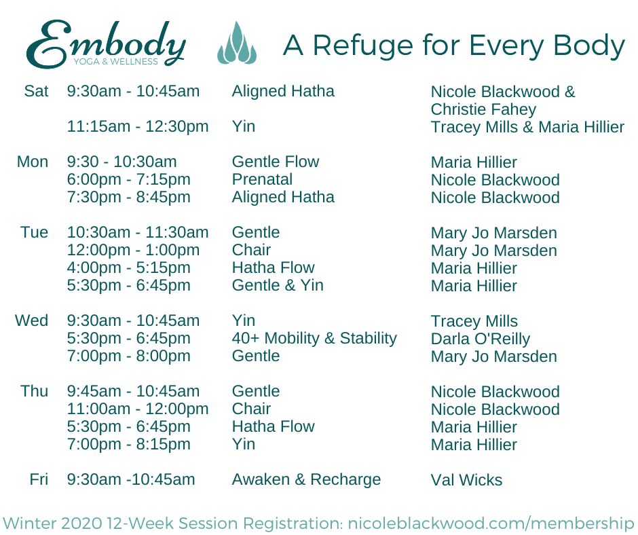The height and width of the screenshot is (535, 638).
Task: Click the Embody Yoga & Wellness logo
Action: click(106, 44)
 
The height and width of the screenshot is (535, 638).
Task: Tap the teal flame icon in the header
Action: click(237, 43)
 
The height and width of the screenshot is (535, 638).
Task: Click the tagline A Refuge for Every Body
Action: click(453, 45)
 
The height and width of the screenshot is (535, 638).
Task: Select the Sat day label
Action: click(36, 91)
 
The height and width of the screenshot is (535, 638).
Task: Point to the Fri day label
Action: click(39, 479)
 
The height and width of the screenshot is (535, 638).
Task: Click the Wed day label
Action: click(31, 320)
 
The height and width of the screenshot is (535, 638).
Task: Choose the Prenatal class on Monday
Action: click(262, 179)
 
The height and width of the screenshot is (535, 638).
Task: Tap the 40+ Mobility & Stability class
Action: click(314, 338)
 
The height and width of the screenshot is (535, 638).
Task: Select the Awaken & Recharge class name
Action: click(306, 479)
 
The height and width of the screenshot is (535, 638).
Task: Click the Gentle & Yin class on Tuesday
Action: click(278, 285)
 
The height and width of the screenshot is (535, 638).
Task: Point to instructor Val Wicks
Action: click(466, 480)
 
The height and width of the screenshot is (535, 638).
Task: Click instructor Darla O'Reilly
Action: click(480, 339)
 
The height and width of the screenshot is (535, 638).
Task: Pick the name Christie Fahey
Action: click(483, 109)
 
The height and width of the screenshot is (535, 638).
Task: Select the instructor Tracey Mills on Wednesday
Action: click(474, 321)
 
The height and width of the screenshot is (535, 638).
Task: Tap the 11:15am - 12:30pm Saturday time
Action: click(138, 127)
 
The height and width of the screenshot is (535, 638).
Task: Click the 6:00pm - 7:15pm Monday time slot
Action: click(128, 179)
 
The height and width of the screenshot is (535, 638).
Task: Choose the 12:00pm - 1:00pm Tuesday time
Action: click(133, 251)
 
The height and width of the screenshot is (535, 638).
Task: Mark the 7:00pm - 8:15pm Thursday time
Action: click(128, 444)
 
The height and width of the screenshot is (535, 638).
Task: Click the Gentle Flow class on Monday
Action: click(276, 162)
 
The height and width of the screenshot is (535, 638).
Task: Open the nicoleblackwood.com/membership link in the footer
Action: click(491, 523)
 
